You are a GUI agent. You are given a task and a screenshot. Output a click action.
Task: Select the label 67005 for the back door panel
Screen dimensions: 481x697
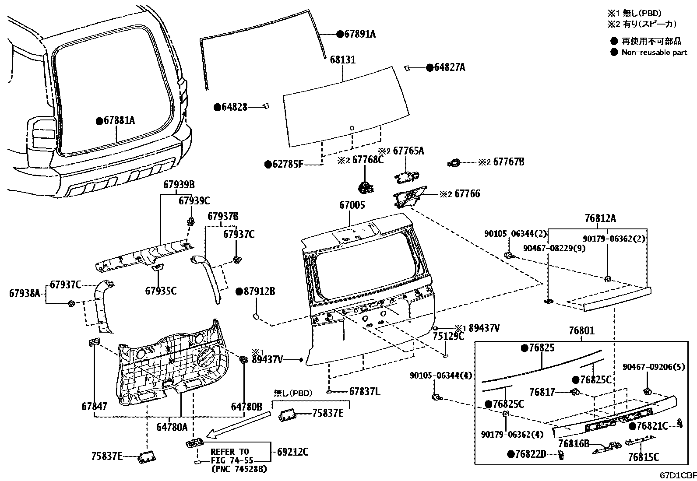352,205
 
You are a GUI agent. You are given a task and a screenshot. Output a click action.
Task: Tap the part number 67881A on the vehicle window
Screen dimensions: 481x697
119,120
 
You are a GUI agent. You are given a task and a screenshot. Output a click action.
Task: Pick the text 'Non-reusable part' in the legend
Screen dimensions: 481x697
654,53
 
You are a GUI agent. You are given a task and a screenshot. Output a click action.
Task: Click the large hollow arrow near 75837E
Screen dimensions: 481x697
236,426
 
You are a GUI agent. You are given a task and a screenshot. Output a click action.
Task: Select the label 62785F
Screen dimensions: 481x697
288,164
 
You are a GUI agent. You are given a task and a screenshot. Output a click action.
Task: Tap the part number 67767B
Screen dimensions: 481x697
508,162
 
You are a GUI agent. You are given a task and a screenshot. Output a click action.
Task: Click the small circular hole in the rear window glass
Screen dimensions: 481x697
352,128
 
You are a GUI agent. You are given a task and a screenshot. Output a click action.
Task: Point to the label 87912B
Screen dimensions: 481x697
260,291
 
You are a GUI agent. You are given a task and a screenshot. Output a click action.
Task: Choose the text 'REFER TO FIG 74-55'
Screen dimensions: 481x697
230,456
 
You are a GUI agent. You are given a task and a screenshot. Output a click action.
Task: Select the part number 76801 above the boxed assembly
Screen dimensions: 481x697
581,330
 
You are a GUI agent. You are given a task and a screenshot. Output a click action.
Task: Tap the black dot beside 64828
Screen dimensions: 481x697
217,107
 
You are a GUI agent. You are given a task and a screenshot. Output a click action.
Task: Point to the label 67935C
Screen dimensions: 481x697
161,290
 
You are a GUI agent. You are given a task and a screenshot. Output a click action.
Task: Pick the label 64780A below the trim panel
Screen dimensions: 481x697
172,426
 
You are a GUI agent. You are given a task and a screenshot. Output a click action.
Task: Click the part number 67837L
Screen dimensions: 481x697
364,392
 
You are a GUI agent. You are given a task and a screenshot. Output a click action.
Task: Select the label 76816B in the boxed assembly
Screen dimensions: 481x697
574,444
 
